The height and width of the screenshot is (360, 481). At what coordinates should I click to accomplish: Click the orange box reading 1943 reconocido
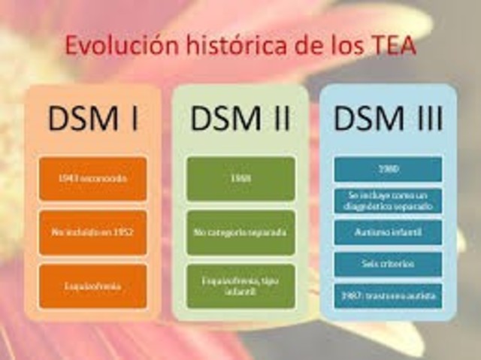pyautogui.click(x=92, y=179)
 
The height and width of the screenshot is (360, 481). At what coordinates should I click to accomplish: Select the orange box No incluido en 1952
pyautogui.click(x=92, y=233)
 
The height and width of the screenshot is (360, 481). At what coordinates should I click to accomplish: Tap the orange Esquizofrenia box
pyautogui.click(x=92, y=286)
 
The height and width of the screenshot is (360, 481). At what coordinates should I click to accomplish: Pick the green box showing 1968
pyautogui.click(x=240, y=179)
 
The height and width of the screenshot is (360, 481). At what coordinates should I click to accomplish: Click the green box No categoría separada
pyautogui.click(x=240, y=233)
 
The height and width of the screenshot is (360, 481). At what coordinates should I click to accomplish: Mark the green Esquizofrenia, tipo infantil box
pyautogui.click(x=240, y=286)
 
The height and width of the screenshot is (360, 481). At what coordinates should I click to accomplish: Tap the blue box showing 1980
pyautogui.click(x=388, y=168)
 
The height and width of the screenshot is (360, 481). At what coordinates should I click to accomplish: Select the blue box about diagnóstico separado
pyautogui.click(x=388, y=201)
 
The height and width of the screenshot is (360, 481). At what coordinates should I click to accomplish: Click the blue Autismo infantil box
pyautogui.click(x=388, y=232)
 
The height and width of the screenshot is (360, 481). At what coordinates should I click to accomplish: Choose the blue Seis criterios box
pyautogui.click(x=388, y=264)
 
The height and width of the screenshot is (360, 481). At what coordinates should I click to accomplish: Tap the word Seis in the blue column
pyautogui.click(x=372, y=264)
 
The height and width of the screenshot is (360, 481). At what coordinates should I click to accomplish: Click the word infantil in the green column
pyautogui.click(x=240, y=292)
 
